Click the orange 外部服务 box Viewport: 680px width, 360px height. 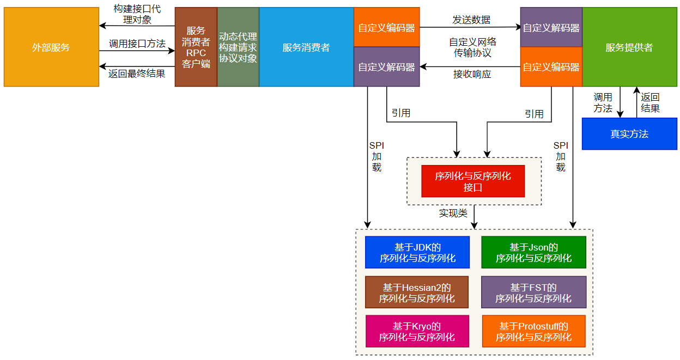coord(51,47)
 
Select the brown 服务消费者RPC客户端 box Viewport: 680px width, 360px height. coord(196,47)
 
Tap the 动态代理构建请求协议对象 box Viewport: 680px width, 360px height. coord(238,47)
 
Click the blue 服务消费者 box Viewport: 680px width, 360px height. coord(306,47)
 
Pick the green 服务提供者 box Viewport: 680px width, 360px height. coord(629,47)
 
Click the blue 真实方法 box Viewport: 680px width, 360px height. coord(629,134)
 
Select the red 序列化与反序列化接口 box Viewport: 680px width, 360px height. coord(473,181)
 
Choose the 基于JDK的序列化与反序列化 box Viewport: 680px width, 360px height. coord(417,253)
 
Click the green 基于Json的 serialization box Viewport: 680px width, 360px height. coord(533,253)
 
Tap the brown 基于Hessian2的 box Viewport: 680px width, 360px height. coord(417,292)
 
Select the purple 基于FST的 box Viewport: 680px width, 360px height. coord(533,292)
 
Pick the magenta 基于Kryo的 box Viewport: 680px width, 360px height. coord(417,331)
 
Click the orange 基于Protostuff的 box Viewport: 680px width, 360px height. coord(533,331)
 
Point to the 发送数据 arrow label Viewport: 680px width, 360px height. coord(471,20)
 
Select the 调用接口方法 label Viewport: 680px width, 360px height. coord(137,44)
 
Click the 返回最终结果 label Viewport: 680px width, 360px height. coord(137,73)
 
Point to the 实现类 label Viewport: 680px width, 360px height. coord(453,213)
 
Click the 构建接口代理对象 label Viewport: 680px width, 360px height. coord(137,15)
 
